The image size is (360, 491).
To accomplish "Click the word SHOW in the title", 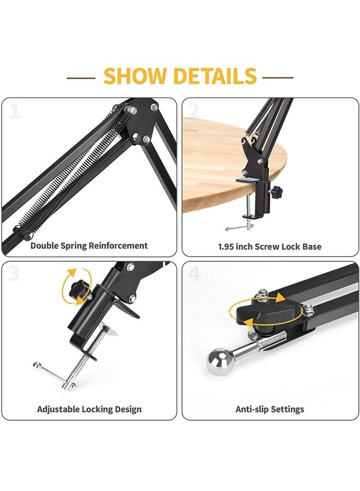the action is coord(135,76).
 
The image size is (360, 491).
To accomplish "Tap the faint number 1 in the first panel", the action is coord(15,111).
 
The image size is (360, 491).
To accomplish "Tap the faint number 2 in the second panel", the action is coord(194,111).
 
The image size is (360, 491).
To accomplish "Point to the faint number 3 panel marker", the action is coord(14,273).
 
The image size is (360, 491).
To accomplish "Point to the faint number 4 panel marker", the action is coord(194,273).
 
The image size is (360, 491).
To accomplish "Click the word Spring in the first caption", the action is coord(73,246).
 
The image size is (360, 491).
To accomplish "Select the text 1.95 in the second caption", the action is coord(226,247).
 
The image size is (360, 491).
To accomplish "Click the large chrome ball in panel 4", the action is coord(221,362).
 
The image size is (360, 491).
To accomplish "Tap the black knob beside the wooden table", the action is coord(276,190).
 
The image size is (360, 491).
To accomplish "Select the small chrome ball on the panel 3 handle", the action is coord(37,366).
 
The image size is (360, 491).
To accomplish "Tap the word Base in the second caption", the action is coord(311,247).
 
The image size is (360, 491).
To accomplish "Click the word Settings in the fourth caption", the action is coord(287,410).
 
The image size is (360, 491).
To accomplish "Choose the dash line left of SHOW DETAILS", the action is coord(81,77).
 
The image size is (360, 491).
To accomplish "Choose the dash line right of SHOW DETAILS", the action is coord(278,77).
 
